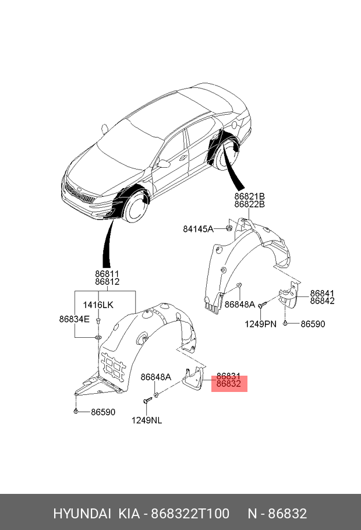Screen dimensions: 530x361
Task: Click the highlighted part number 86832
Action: point(229,385)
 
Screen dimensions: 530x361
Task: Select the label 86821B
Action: point(250,196)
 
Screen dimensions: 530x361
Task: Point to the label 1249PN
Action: point(260,324)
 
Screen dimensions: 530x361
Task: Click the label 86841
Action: point(322,294)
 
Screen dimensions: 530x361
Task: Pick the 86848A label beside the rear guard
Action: point(240,304)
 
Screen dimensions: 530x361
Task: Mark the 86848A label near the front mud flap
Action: point(156,377)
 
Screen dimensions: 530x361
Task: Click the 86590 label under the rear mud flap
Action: point(313,324)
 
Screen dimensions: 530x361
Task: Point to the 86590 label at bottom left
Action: point(102,412)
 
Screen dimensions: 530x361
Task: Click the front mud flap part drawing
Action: point(192,380)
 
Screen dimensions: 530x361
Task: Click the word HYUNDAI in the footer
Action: point(82,513)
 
